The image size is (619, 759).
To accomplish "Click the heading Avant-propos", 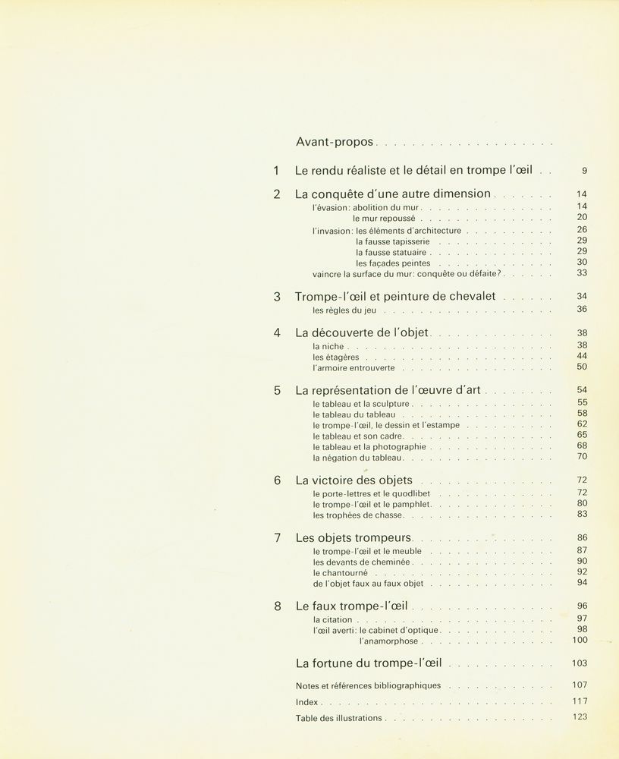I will point(335,142).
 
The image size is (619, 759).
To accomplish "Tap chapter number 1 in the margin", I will point(277,172).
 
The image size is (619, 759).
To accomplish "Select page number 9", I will point(584,172).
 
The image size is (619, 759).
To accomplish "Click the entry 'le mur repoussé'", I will point(385,218).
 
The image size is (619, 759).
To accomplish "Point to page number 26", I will point(582,229).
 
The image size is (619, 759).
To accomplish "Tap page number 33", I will point(582,273).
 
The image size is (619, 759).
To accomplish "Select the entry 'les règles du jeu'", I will point(344,310).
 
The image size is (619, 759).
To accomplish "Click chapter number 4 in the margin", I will point(277,332).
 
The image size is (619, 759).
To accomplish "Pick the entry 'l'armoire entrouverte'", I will point(353,368).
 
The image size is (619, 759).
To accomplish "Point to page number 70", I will point(582,457).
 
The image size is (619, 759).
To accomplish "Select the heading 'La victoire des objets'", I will point(353,480).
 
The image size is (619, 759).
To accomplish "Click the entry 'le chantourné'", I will point(340,572).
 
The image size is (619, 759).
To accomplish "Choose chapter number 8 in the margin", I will point(277,606).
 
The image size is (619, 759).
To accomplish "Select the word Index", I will point(306,702).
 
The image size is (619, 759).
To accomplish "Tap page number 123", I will point(580,716).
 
